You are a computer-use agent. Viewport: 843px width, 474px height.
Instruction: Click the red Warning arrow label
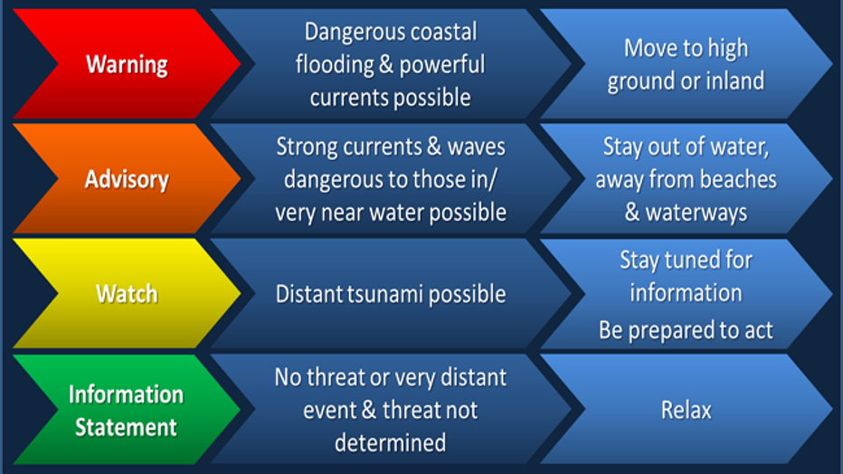[x=127, y=64]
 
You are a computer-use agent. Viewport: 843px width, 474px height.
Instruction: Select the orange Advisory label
[x=127, y=179]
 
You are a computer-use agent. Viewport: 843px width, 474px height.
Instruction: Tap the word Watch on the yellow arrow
[x=127, y=294]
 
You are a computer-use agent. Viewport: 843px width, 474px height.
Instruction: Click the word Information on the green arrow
[x=126, y=394]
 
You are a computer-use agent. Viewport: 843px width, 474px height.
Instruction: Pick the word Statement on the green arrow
[x=126, y=427]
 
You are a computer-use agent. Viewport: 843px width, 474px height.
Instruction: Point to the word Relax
[x=686, y=410]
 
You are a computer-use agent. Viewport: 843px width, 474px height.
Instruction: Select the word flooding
[x=335, y=65]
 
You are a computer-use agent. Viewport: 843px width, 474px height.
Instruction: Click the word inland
[x=735, y=81]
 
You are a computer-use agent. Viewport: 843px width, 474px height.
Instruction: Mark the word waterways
[x=696, y=213]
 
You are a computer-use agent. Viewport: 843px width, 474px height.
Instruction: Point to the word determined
[x=391, y=443]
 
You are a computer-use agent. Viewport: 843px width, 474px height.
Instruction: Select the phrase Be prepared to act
[x=686, y=330]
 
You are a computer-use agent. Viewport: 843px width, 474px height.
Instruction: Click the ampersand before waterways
[x=631, y=213]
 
